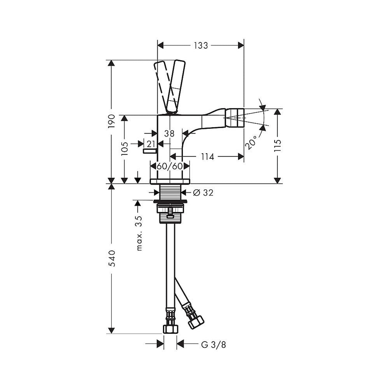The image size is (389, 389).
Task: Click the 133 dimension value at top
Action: tap(201, 46)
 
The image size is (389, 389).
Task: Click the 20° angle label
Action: tap(251, 142)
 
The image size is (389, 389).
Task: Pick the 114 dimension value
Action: tap(207, 157)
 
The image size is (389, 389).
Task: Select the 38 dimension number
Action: tap(169, 133)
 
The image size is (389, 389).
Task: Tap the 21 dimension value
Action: tap(151, 144)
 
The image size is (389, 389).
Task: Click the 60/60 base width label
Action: tap(170, 166)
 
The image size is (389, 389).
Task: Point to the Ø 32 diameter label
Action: tap(203, 193)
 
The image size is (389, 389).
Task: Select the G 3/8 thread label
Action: tap(213, 345)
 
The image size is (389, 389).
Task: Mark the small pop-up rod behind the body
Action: tap(149, 152)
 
